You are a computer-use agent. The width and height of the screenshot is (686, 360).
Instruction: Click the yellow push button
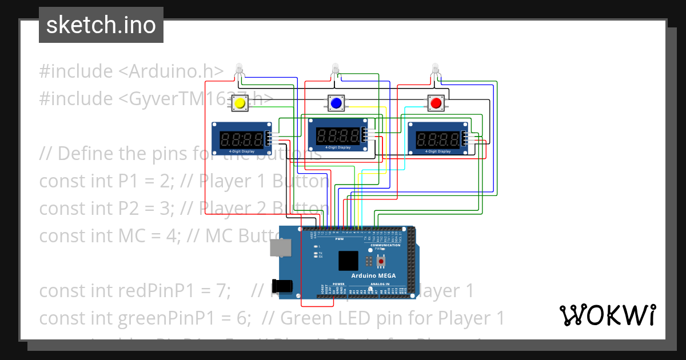pos(240,103)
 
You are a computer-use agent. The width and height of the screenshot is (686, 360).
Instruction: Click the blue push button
pos(336,103)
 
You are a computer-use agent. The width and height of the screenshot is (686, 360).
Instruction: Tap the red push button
pos(436,103)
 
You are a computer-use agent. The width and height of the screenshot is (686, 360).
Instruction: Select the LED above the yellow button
pos(240,69)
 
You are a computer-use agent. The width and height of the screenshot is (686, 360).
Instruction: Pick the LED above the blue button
pos(336,69)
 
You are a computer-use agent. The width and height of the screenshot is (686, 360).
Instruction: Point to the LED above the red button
pos(436,69)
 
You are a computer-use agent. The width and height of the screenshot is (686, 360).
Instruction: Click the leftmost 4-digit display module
pos(242,138)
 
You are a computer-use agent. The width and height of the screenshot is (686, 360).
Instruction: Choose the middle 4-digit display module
pos(338,134)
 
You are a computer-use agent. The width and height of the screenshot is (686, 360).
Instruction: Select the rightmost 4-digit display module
pos(437,138)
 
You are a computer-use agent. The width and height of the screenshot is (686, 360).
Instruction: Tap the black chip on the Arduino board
pos(348,261)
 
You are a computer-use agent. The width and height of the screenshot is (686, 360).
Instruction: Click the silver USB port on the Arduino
pos(280,247)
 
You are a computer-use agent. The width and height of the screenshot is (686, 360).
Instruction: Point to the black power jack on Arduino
pos(284,286)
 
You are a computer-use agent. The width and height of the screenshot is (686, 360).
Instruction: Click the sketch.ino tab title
pos(101,25)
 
